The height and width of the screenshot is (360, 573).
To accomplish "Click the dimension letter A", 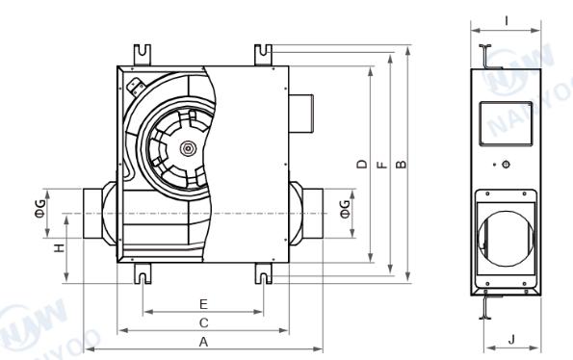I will click(202, 342).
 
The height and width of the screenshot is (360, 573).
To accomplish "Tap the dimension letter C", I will click(203, 322).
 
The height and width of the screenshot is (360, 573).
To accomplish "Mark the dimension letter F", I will click(381, 164).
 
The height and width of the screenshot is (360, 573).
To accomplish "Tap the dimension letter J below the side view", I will click(510, 338).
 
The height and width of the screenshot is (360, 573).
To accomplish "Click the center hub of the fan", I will click(188, 148).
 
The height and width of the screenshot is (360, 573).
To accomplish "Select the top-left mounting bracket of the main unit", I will click(141, 53).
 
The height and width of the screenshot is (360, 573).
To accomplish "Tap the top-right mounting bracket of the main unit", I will click(262, 53).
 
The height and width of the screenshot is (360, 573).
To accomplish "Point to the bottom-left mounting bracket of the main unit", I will click(142, 274).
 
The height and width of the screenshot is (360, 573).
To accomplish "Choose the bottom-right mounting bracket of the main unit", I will click(263, 274).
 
